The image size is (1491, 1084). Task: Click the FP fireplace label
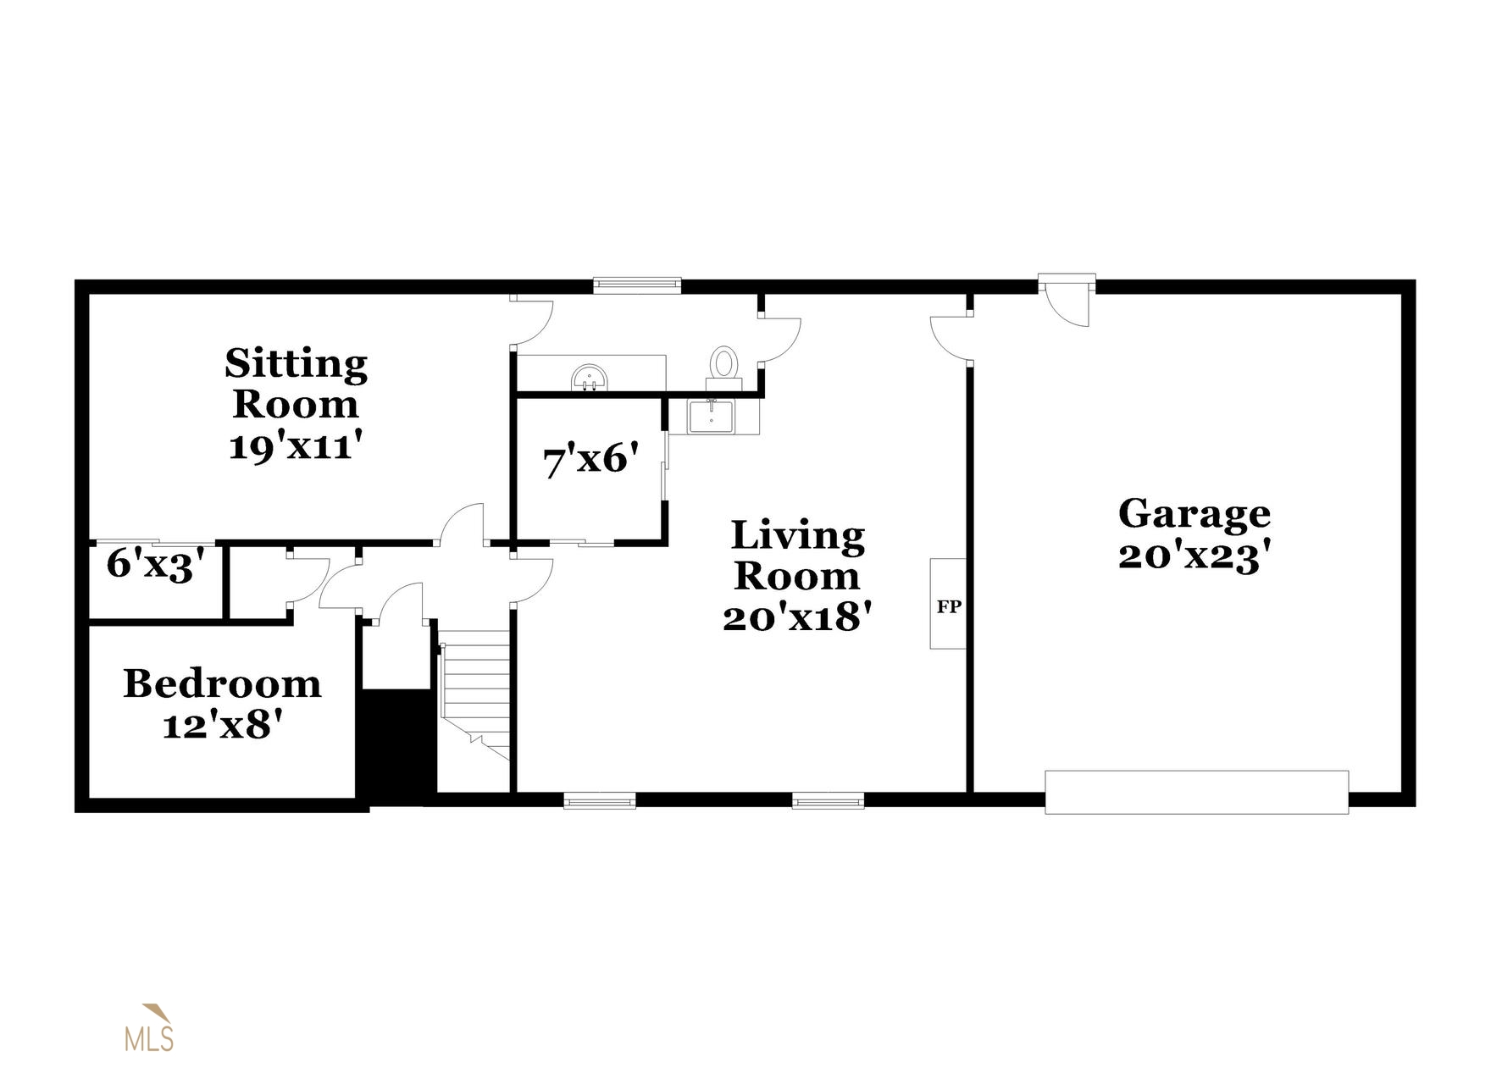click(x=948, y=606)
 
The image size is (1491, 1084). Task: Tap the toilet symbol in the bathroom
click(x=723, y=365)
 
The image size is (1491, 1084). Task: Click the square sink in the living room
click(x=710, y=417)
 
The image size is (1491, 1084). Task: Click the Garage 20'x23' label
click(x=1194, y=535)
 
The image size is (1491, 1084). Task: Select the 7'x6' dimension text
click(x=590, y=460)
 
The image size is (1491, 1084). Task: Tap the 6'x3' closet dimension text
click(x=157, y=564)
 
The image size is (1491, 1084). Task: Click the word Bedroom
click(x=222, y=684)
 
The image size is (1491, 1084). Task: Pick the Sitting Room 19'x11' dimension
click(x=302, y=445)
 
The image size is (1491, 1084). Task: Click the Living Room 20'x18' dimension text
click(x=797, y=617)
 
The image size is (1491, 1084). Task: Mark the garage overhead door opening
click(x=1196, y=792)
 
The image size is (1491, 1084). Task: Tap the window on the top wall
click(x=637, y=285)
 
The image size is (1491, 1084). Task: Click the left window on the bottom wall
click(x=600, y=800)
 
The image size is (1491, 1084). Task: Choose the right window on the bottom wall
click(x=828, y=800)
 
